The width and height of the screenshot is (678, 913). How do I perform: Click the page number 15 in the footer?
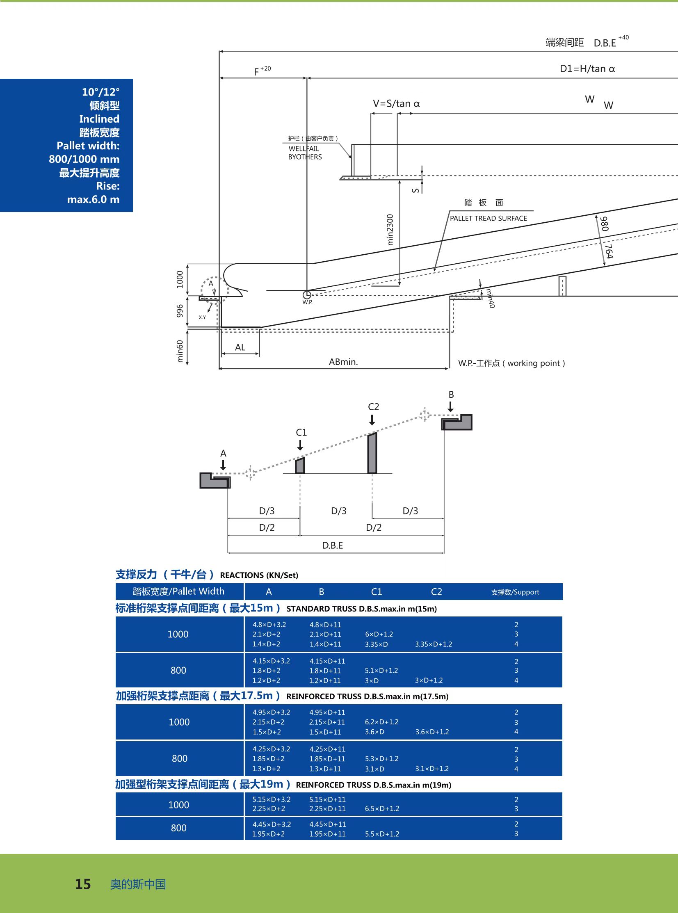(x=82, y=883)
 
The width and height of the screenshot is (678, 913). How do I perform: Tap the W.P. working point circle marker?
(x=306, y=294)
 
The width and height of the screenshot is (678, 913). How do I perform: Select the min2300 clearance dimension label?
(x=390, y=230)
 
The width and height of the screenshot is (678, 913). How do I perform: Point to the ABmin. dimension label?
(x=343, y=361)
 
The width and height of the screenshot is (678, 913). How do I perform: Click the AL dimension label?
(x=240, y=347)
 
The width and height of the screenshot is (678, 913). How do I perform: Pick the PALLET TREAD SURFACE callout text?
(x=489, y=218)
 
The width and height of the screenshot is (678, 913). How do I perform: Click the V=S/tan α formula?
(x=396, y=103)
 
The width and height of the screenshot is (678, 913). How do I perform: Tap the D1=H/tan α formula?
(x=587, y=68)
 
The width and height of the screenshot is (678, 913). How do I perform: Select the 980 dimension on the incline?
(x=604, y=224)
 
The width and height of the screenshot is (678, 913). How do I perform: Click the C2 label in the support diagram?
(x=374, y=406)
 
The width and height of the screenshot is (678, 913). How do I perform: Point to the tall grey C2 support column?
(x=372, y=453)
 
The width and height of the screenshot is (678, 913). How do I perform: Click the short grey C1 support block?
(x=300, y=466)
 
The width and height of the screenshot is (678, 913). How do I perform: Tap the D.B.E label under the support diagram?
(x=332, y=546)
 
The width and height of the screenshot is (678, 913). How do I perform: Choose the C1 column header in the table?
(x=377, y=592)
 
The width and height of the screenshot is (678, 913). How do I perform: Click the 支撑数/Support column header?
(x=515, y=592)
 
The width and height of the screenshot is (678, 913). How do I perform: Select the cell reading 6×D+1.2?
(x=379, y=634)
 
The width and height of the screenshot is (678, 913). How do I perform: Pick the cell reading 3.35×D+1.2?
(x=434, y=644)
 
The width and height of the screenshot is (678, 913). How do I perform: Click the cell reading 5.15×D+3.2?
(x=271, y=799)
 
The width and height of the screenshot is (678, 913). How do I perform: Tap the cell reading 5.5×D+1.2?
(x=382, y=834)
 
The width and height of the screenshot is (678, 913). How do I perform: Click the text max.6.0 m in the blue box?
(x=93, y=199)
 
